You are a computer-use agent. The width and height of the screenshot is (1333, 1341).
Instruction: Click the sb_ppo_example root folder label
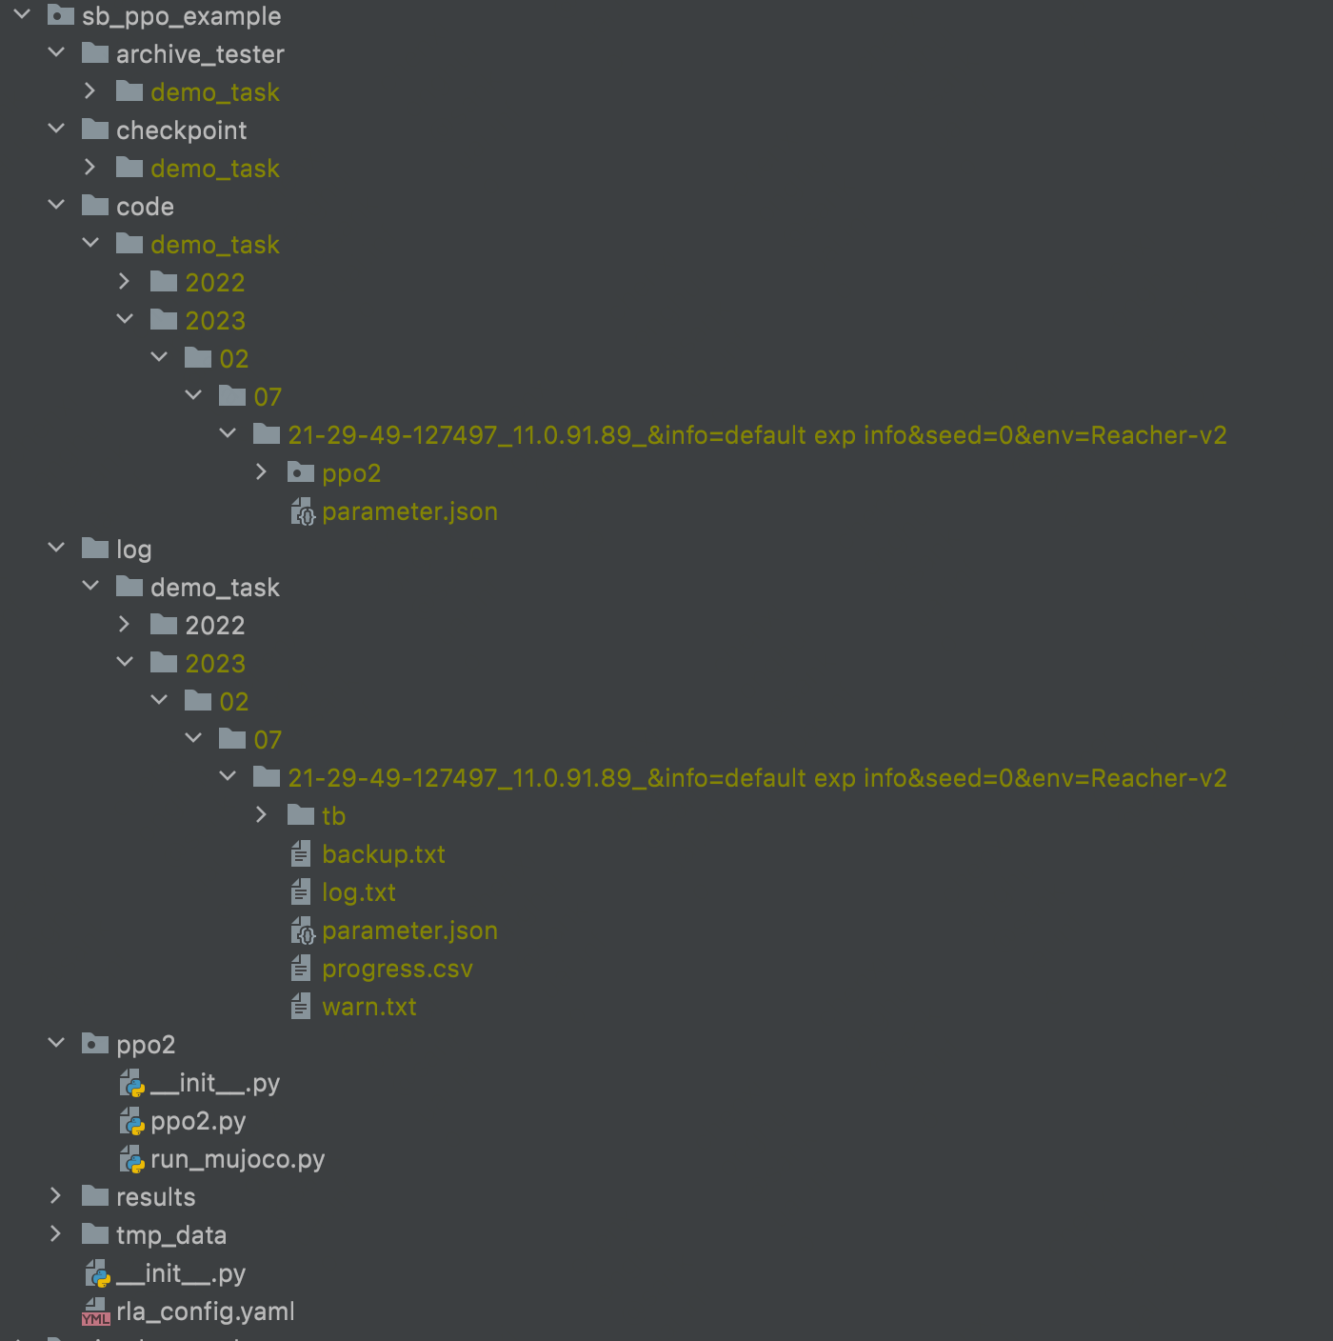181,16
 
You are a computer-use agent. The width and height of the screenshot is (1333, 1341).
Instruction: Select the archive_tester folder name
200,54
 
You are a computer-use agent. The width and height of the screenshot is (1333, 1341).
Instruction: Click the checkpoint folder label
181,130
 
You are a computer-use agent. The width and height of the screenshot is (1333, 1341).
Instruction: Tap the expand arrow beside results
56,1196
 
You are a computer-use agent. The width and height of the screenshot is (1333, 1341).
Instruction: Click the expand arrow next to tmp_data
56,1234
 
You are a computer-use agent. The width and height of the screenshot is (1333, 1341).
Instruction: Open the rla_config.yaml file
205,1311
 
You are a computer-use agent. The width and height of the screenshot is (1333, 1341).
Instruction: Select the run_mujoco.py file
237,1159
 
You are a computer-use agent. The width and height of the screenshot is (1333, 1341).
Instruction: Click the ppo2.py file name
198,1121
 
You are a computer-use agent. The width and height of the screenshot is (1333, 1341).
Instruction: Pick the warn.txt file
368,1007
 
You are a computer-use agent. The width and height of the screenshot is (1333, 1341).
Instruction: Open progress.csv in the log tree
397,969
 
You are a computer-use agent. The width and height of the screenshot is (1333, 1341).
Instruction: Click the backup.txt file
383,854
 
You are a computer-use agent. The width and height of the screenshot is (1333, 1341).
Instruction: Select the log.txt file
358,892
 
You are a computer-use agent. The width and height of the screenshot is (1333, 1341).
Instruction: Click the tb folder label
333,816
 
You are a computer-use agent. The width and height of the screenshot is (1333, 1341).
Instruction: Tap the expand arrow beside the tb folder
262,815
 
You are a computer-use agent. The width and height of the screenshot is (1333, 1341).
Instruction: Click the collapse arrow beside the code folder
56,206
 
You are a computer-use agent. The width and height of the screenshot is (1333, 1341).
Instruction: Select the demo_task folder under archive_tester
214,92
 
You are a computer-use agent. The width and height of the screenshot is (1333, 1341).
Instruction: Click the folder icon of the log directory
95,549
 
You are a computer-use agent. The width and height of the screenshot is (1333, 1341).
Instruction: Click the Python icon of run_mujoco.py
132,1159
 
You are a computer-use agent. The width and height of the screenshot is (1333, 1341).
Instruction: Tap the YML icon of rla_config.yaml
96,1312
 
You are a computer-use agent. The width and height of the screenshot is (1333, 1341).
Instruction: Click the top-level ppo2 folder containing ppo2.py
145,1045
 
